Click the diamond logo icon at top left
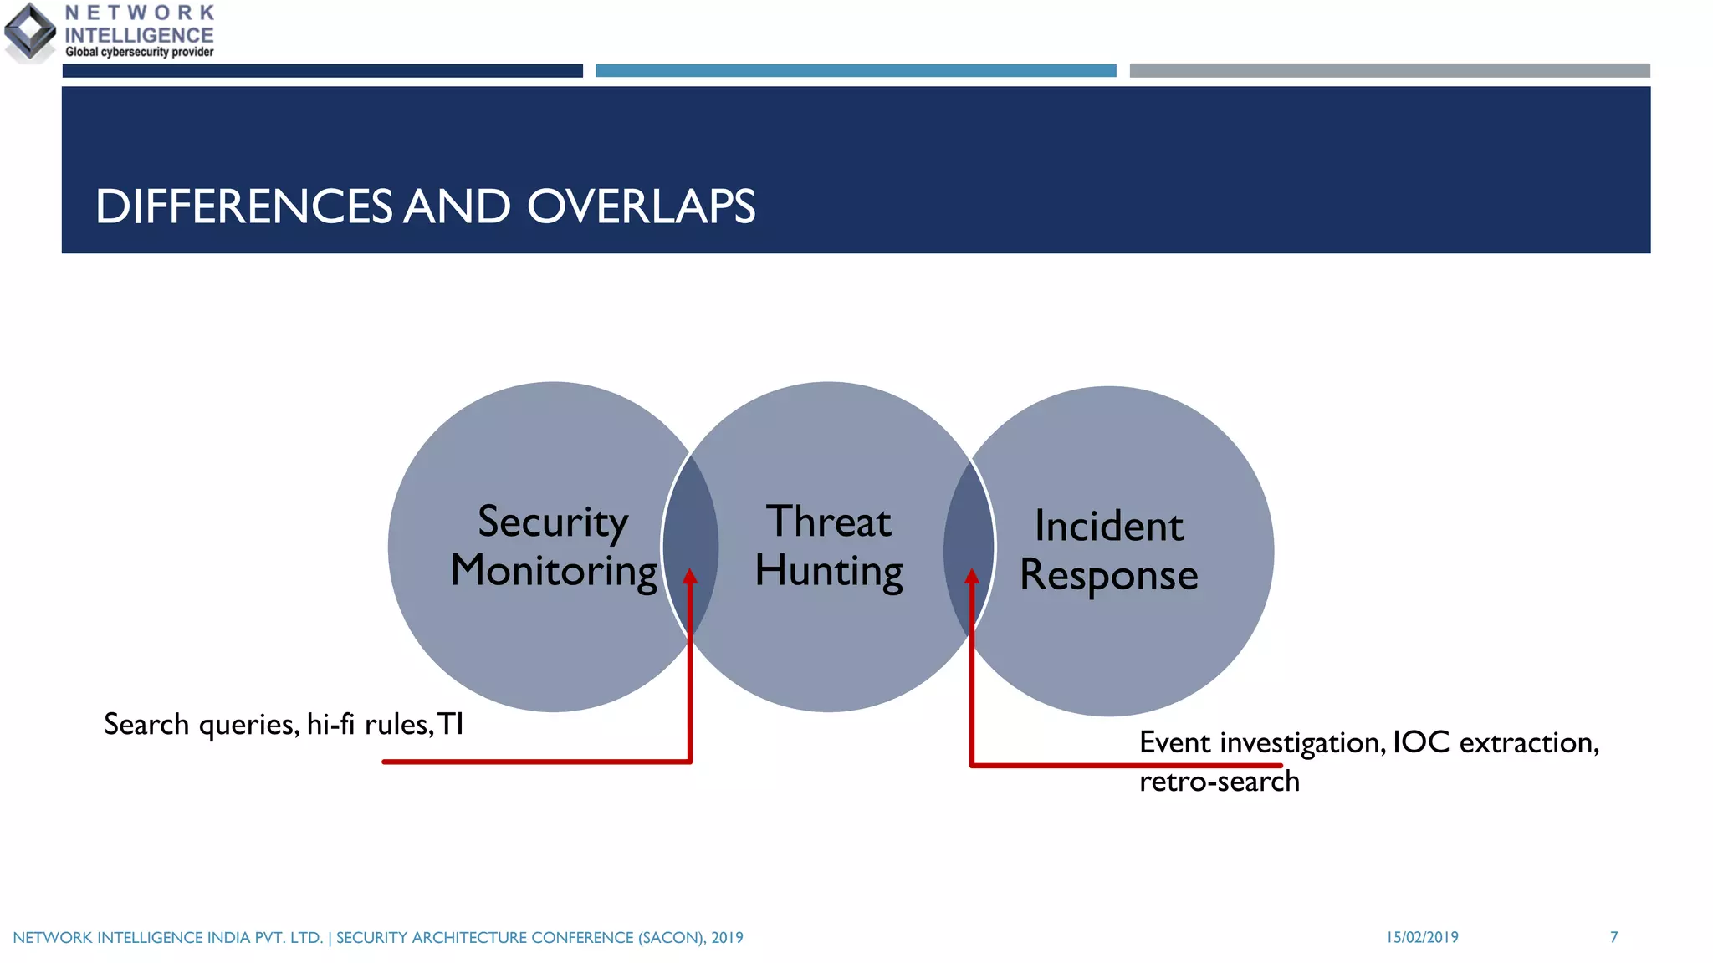[x=30, y=32]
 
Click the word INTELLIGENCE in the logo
[x=139, y=35]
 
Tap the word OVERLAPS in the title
[x=641, y=206]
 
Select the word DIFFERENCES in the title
[x=243, y=206]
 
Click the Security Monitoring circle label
[x=553, y=546]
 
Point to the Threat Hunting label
[x=828, y=546]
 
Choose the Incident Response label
[x=1108, y=550]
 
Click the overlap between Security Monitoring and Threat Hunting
[x=691, y=535]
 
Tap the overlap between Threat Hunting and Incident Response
[x=969, y=535]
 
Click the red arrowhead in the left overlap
[x=690, y=578]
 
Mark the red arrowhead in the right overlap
[x=972, y=578]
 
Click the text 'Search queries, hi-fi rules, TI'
[x=284, y=724]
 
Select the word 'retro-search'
[x=1219, y=782]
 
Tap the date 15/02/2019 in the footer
[x=1422, y=937]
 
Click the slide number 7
[x=1613, y=937]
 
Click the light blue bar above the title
[x=855, y=71]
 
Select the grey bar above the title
[x=1388, y=71]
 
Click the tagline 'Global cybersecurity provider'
[x=139, y=52]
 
